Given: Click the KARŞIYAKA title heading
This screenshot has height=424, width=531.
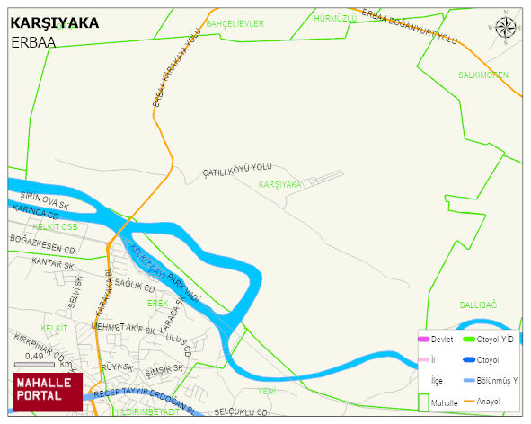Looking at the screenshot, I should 55,23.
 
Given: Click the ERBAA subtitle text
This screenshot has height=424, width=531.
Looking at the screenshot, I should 34,42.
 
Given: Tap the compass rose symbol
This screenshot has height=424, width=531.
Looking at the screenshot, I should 507,28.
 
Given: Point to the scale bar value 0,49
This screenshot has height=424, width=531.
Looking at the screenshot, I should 34,357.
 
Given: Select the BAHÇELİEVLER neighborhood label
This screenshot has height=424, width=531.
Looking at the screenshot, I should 235,23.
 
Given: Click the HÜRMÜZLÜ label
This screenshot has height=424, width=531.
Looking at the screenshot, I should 336,18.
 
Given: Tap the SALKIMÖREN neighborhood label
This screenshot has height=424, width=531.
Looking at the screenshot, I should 483,75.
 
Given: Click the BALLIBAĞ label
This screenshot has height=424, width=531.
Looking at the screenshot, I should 478,305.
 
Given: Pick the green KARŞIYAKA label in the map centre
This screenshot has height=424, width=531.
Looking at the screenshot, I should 280,184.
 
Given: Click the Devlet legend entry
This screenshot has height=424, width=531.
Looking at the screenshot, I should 440,339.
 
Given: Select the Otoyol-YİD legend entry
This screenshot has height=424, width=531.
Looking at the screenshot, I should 493,339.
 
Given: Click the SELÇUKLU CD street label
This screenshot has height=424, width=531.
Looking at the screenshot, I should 241,412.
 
